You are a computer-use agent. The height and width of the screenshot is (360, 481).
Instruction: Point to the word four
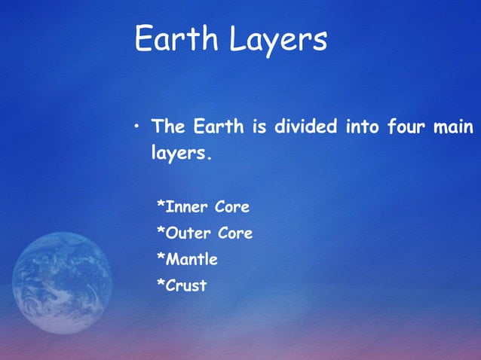coord(406,126)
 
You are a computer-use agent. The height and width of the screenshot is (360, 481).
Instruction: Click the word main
coord(455,126)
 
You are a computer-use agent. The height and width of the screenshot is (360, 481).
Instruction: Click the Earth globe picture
coord(62,283)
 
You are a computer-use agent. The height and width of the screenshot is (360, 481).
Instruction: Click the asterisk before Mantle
coord(160,259)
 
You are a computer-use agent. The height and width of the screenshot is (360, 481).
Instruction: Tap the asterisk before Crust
coord(160,285)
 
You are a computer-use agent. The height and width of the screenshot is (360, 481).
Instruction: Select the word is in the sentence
coord(258,126)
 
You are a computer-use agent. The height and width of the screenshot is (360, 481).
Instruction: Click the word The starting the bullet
coord(170,126)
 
